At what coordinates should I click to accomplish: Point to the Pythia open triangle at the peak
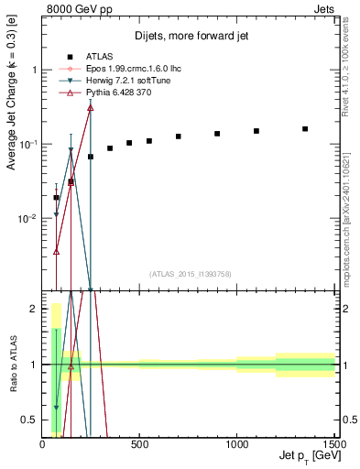(x=90, y=107)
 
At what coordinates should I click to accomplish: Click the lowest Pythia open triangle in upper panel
(x=57, y=251)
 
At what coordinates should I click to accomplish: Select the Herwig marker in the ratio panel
(x=57, y=409)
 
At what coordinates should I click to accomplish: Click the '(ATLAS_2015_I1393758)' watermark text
(x=190, y=273)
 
